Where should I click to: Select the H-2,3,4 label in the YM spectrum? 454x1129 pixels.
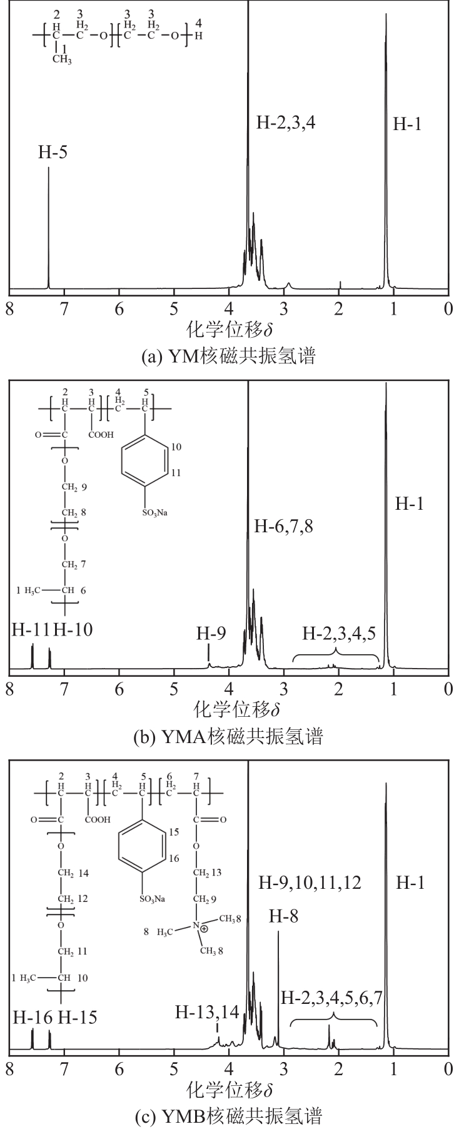[286, 122]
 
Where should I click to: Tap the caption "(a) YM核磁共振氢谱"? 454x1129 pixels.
[229, 357]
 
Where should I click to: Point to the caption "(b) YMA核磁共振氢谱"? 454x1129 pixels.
[229, 736]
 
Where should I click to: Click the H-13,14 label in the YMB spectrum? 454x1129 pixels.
[208, 1011]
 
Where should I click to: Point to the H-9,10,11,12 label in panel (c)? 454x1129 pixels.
[310, 883]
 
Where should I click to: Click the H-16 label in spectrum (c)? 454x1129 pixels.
[31, 1017]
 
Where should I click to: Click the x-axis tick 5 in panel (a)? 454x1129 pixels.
[174, 309]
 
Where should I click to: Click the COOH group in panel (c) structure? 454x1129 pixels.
[98, 819]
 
